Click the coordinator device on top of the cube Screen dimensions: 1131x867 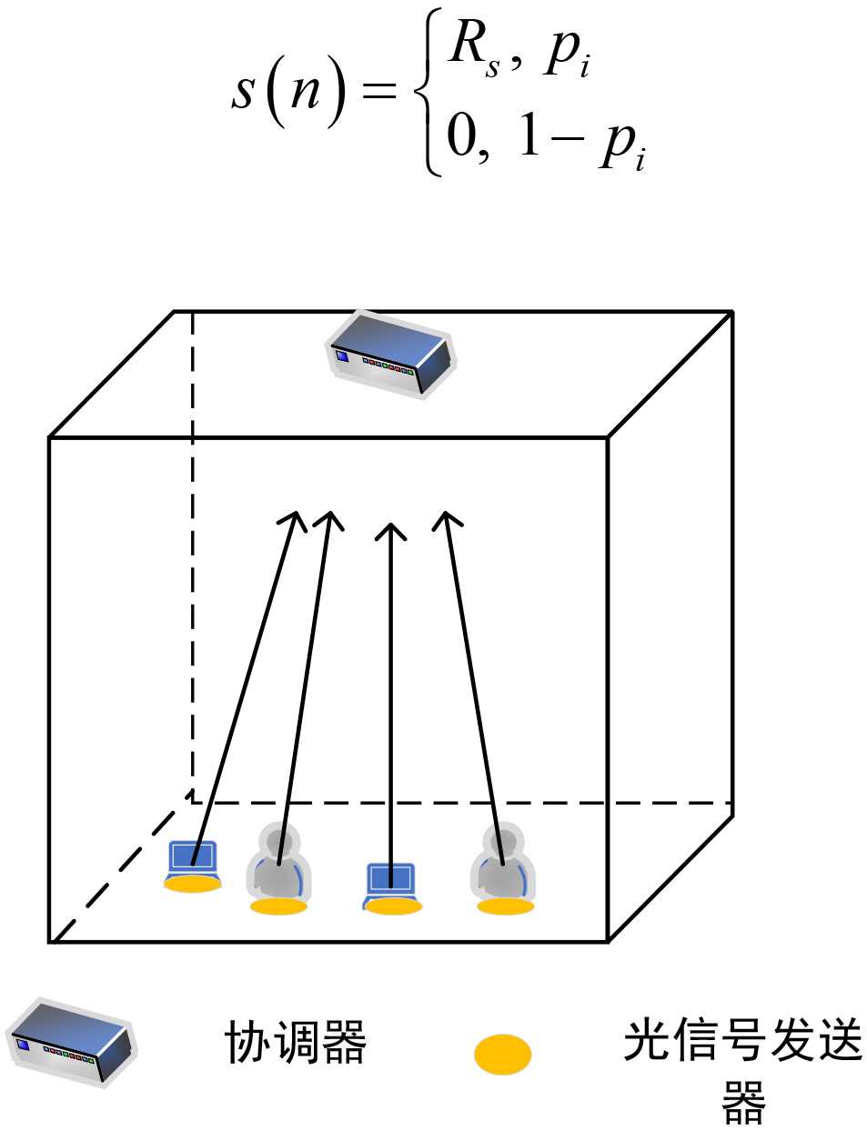click(391, 355)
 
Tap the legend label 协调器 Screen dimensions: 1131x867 click(296, 1042)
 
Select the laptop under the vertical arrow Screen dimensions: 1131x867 click(391, 881)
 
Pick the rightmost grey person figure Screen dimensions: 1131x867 click(502, 863)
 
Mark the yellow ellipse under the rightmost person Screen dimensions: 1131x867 click(505, 906)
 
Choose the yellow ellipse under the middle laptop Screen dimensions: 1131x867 click(393, 906)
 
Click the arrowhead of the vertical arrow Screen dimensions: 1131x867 click(391, 530)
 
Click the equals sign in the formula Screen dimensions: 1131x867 click(379, 91)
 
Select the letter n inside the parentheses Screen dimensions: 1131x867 click(306, 91)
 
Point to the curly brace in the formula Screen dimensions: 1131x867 click(428, 91)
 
